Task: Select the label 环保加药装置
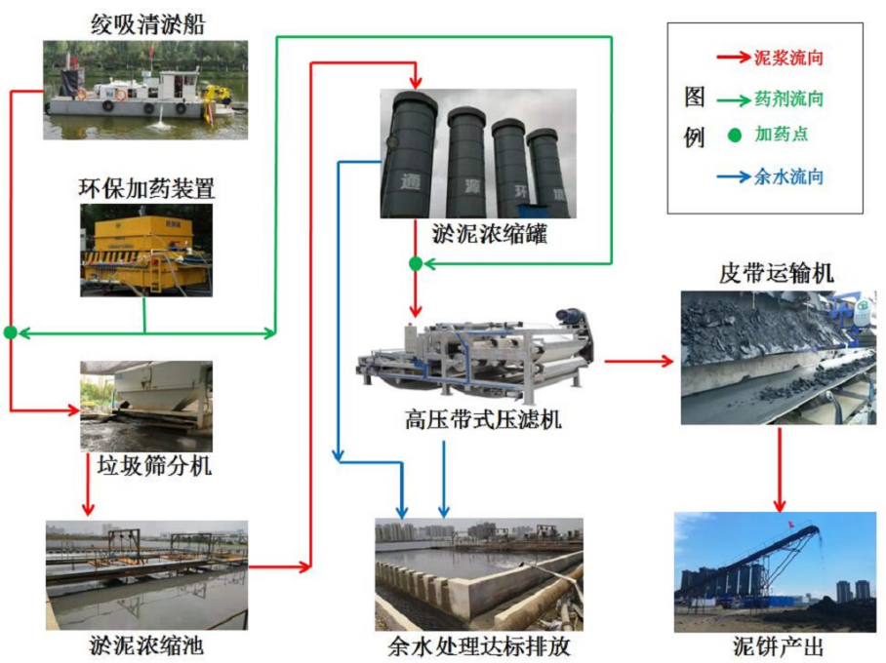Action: (x=146, y=188)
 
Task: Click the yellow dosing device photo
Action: (x=146, y=251)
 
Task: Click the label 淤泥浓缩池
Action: (x=145, y=646)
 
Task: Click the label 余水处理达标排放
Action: (x=478, y=646)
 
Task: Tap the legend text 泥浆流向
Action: (x=788, y=58)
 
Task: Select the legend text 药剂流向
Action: (x=788, y=97)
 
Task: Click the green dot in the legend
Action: (x=734, y=136)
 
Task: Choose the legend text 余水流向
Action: (x=788, y=176)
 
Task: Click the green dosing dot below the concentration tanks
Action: (x=415, y=264)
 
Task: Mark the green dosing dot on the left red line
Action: (x=11, y=332)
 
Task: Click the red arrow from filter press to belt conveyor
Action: (x=639, y=361)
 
